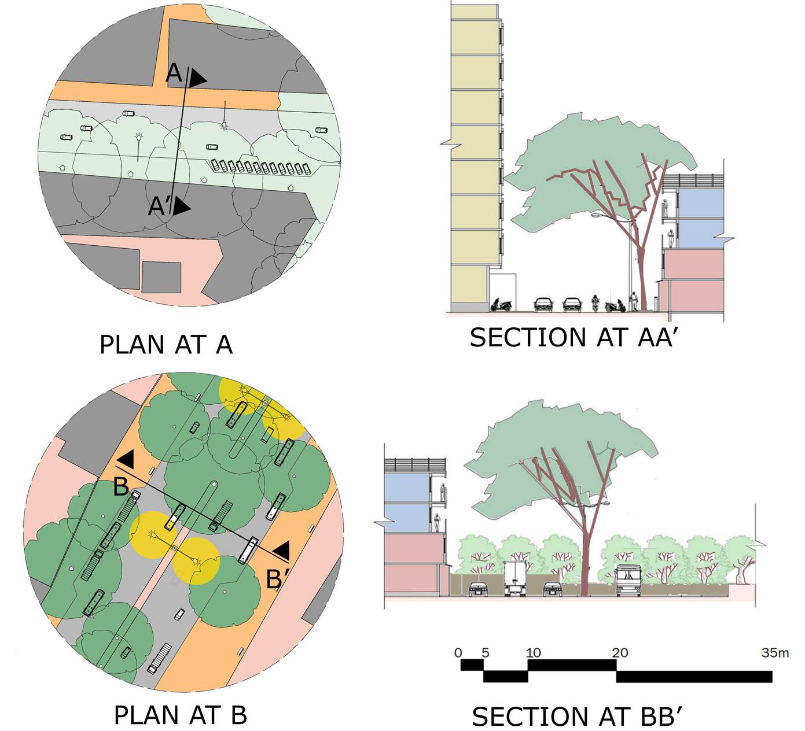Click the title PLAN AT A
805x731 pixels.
166,345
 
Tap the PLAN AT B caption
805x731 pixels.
181,715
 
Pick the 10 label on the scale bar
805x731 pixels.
533,653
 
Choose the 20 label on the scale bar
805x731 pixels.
619,653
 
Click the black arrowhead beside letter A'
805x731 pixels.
182,207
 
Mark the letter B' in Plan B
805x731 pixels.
274,579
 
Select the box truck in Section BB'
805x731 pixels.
514,578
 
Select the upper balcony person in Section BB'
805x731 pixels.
443,492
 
